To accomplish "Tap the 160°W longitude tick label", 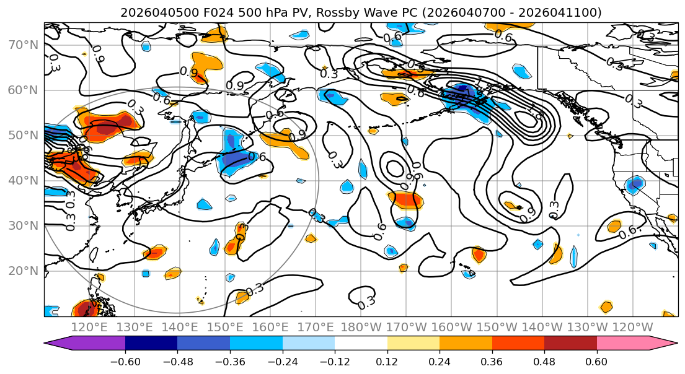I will [x=451, y=327].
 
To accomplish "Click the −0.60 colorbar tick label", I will [x=125, y=361].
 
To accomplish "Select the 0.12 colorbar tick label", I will [x=387, y=361].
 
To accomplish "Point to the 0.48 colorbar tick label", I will [x=544, y=361].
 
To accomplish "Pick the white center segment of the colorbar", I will [x=361, y=344].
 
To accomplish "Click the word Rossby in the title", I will [x=351, y=12].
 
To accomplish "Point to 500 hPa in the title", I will [x=247, y=12].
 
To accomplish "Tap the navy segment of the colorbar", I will [x=151, y=344].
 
